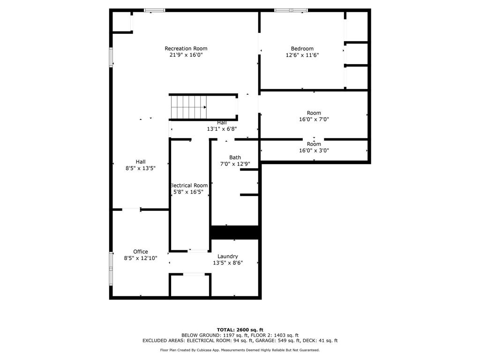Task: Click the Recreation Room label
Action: [x=186, y=48]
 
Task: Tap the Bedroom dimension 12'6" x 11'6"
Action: [x=302, y=55]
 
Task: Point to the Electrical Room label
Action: [x=188, y=185]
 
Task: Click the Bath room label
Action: [x=235, y=157]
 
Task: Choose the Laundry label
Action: [x=227, y=256]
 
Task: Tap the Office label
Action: [x=140, y=252]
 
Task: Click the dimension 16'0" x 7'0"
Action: [x=314, y=119]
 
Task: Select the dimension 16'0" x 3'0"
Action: [x=314, y=150]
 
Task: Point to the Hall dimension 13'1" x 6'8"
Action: [x=222, y=129]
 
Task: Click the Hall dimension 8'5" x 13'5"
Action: [x=140, y=168]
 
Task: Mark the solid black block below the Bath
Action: [x=234, y=232]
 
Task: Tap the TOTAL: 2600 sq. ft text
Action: [x=240, y=330]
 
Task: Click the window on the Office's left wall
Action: [x=111, y=269]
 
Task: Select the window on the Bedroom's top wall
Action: [x=291, y=10]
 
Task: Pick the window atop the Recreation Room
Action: [x=154, y=10]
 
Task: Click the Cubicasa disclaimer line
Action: [x=240, y=350]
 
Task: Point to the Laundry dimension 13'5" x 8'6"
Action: [x=227, y=262]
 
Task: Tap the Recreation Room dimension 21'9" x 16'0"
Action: [x=186, y=55]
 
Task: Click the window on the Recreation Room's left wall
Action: [x=111, y=57]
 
